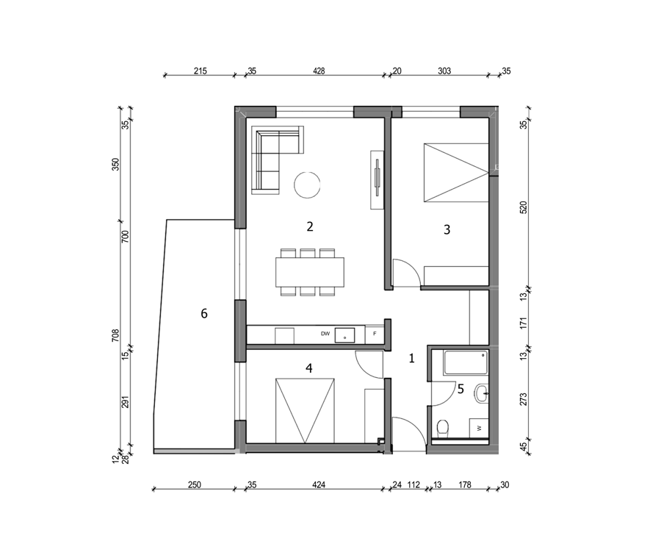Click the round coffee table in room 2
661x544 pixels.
coord(307,185)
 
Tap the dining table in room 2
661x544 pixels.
coord(310,272)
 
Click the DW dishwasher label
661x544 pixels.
coord(325,334)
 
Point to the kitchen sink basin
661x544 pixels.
coord(345,335)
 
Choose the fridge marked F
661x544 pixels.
coord(375,334)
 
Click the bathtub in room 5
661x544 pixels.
coord(466,362)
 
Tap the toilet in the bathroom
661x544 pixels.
coord(443,428)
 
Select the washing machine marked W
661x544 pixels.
coord(480,428)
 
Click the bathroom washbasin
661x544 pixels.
coord(481,394)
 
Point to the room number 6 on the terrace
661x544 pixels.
coord(204,313)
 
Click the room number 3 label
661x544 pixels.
coord(447,229)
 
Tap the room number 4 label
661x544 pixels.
coord(309,368)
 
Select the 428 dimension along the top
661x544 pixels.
coord(319,71)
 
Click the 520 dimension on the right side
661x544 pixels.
coord(523,207)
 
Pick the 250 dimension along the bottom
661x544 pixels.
coord(195,484)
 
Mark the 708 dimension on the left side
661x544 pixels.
coord(115,335)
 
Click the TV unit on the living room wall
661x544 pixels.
coord(377,179)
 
